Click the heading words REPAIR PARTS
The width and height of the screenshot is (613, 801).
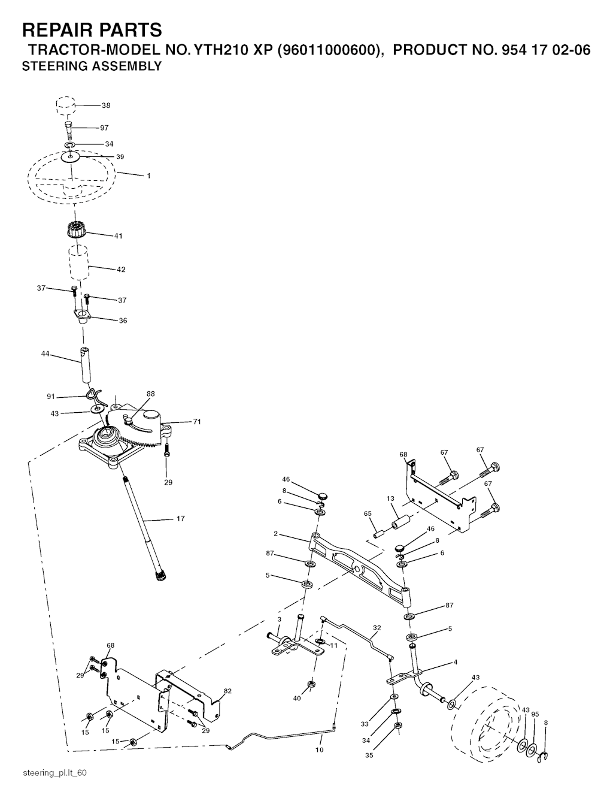click(x=92, y=30)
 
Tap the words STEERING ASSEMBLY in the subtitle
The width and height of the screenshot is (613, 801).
click(x=92, y=67)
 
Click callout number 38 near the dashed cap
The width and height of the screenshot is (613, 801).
click(x=106, y=105)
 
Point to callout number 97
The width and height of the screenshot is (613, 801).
click(x=105, y=128)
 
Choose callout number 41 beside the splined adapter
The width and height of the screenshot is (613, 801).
click(x=118, y=236)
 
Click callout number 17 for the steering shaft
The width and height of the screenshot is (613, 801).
click(x=180, y=519)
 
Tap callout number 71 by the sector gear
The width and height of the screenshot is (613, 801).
click(x=197, y=422)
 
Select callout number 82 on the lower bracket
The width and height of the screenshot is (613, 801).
click(x=227, y=691)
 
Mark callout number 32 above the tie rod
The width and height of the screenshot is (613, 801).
click(x=377, y=628)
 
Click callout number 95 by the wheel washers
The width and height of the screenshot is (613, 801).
click(x=535, y=714)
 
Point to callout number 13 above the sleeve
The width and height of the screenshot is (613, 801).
click(x=390, y=498)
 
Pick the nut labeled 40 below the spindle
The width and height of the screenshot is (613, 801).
click(x=311, y=684)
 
